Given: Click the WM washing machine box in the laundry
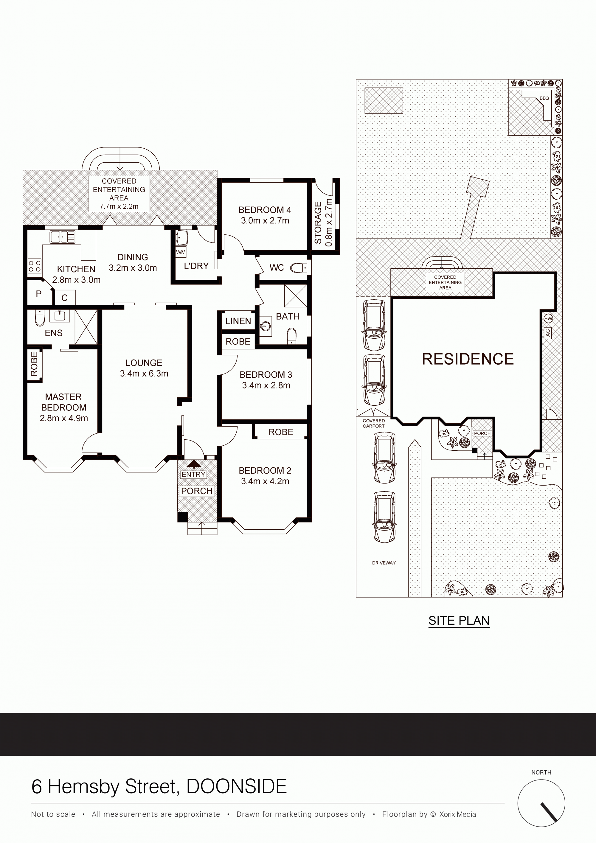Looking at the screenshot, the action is pyautogui.click(x=181, y=252).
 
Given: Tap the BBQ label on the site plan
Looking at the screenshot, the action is pyautogui.click(x=544, y=98).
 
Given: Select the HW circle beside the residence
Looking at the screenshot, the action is pyautogui.click(x=548, y=318).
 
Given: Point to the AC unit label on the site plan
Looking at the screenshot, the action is pyautogui.click(x=547, y=333).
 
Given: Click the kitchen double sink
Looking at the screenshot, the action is pyautogui.click(x=62, y=237).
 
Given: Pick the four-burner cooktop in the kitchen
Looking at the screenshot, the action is pyautogui.click(x=35, y=266).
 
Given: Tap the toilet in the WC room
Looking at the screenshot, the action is pyautogui.click(x=298, y=268).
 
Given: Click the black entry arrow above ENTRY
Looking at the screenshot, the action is pyautogui.click(x=194, y=464).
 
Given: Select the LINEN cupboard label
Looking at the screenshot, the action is pyautogui.click(x=238, y=321).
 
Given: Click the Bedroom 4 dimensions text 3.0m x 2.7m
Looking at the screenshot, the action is pyautogui.click(x=265, y=221).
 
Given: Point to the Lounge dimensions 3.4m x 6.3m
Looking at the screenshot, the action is pyautogui.click(x=144, y=374).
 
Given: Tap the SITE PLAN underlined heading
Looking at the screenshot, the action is pyautogui.click(x=459, y=621).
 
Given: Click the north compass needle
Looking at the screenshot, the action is pyautogui.click(x=549, y=812).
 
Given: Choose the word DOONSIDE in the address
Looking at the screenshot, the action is pyautogui.click(x=237, y=786).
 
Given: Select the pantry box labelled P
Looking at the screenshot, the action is pyautogui.click(x=39, y=293).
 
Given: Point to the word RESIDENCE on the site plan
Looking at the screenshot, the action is pyautogui.click(x=468, y=359).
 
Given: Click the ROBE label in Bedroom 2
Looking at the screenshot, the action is pyautogui.click(x=281, y=432).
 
